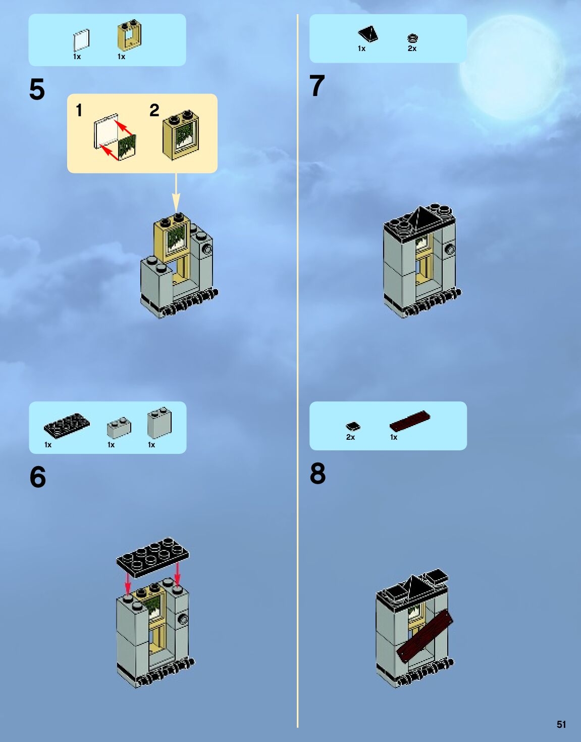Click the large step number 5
(x=37, y=89)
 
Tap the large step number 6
(x=37, y=477)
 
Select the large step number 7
(x=317, y=85)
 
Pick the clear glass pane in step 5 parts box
(x=81, y=40)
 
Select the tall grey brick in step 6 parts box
(x=160, y=423)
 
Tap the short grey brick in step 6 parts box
(x=119, y=428)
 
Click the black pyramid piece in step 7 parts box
(x=368, y=34)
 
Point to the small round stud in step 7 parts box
(x=412, y=38)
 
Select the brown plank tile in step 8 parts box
(x=410, y=421)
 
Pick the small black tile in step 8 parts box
(x=353, y=427)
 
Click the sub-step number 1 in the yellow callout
(x=79, y=110)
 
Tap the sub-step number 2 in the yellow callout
(x=154, y=110)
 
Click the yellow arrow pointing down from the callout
(x=176, y=193)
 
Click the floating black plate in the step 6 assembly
(x=152, y=558)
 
